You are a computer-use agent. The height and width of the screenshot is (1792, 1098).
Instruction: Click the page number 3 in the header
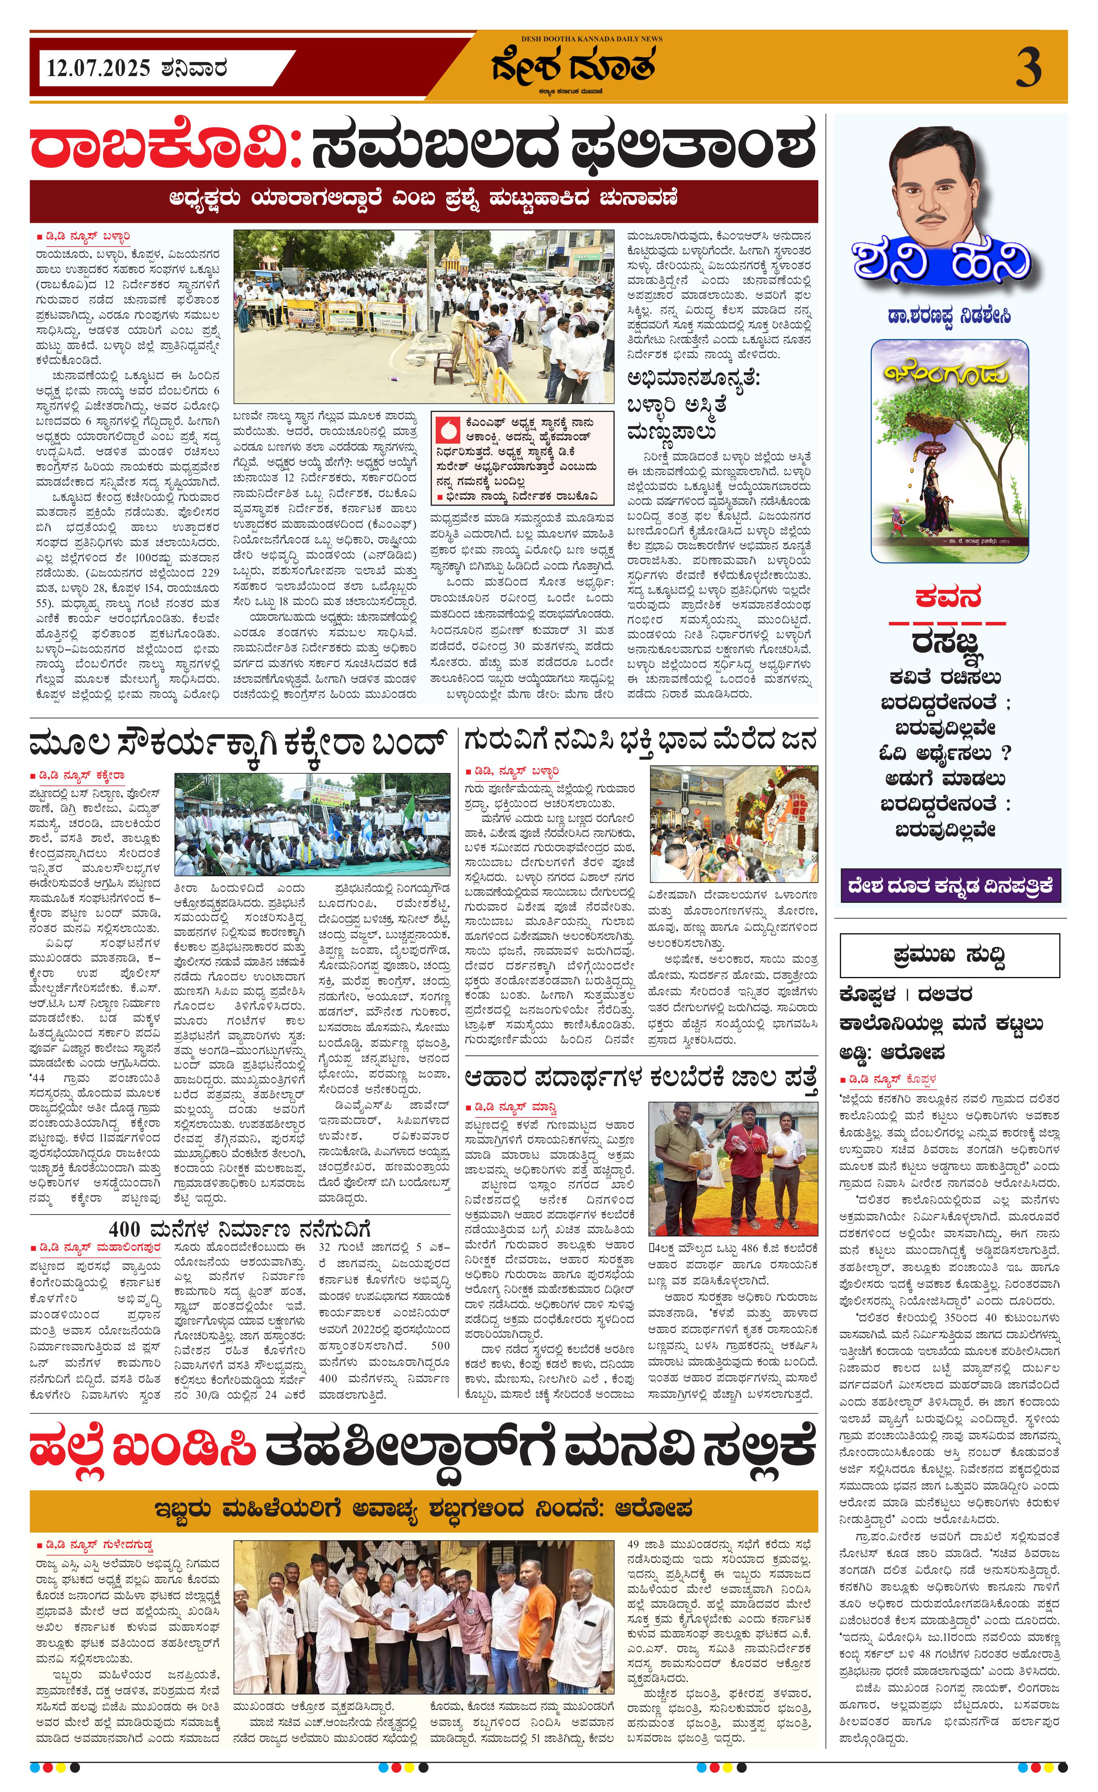coord(1027,67)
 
